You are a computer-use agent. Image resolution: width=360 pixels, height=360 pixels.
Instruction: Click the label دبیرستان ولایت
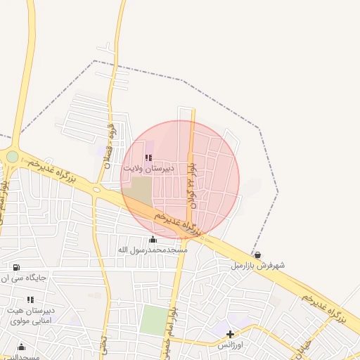[143, 169]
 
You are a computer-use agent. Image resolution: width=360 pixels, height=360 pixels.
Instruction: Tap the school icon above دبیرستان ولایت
[148, 158]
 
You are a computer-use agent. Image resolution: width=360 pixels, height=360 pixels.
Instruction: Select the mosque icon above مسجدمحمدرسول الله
[153, 240]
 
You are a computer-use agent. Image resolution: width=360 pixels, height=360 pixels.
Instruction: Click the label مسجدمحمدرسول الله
[153, 250]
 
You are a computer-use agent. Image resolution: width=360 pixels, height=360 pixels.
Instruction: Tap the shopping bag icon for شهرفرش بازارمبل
[257, 255]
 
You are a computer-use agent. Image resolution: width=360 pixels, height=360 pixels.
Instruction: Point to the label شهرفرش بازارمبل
[259, 266]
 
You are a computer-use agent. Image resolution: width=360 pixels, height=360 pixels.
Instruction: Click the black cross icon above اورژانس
[230, 334]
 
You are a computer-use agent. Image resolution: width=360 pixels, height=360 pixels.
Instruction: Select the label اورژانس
[230, 345]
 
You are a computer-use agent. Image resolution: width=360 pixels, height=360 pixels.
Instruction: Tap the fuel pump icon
[16, 267]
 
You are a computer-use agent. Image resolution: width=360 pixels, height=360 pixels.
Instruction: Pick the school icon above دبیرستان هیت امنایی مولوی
[30, 300]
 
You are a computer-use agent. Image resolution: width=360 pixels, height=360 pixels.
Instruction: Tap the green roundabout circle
[13, 156]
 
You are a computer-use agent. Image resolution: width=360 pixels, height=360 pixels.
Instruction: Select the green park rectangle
[153, 320]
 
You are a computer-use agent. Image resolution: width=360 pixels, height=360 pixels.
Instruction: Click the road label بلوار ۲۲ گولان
[191, 186]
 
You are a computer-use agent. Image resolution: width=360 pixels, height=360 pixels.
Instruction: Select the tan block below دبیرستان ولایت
[141, 189]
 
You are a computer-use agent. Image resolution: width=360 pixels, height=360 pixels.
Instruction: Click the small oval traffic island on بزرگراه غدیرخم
[96, 189]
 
